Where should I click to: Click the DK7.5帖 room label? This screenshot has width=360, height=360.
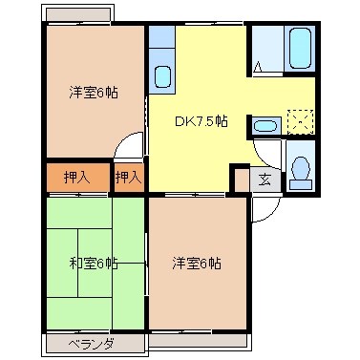coord(201,121)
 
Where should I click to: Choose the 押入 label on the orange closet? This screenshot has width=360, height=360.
coord(77,177)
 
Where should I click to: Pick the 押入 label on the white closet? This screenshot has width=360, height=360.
coord(128,177)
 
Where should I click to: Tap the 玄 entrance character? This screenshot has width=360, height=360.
coord(265,178)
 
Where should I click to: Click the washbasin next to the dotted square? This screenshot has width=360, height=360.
coord(265,124)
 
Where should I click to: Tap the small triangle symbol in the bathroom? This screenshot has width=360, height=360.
coord(259,67)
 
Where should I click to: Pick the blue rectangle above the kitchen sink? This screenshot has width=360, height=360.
coord(161,39)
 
